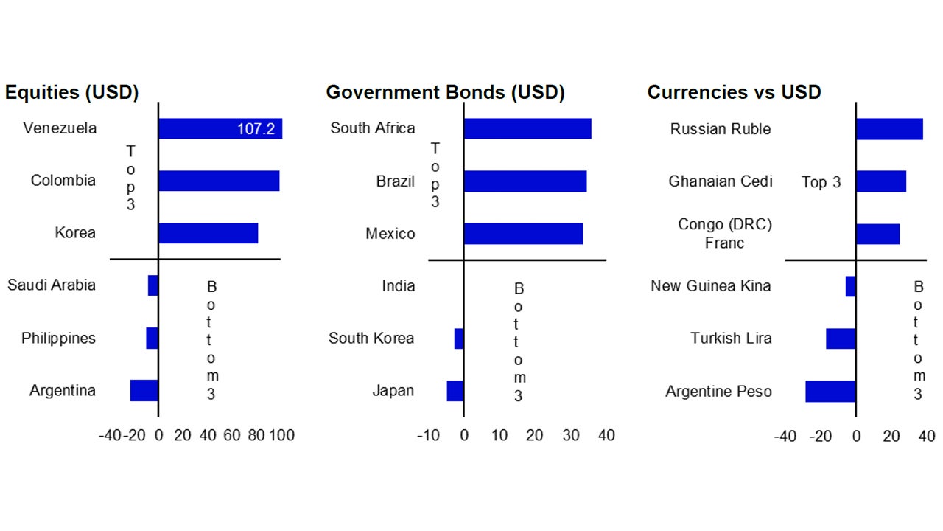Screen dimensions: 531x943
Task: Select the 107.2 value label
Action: (256, 129)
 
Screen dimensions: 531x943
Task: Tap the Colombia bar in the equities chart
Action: (219, 181)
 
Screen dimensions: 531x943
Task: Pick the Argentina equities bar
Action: (144, 391)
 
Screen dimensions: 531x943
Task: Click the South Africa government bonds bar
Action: (527, 128)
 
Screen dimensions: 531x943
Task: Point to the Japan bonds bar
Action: (455, 391)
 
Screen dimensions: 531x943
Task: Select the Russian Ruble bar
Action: (889, 129)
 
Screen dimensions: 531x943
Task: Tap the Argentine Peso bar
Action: (830, 391)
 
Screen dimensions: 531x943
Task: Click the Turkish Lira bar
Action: (841, 339)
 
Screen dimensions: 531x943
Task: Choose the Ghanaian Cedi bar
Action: (881, 181)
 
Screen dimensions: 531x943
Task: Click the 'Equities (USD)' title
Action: (71, 92)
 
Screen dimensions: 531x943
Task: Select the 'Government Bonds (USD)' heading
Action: (445, 92)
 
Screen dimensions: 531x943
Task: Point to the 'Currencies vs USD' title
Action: (734, 92)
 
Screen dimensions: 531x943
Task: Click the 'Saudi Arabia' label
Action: (52, 285)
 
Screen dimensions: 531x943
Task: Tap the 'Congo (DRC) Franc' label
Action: (725, 234)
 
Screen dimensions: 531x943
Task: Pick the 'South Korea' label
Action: (371, 339)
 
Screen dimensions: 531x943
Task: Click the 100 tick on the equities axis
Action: (282, 435)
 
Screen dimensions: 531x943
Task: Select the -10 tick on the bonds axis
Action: (428, 435)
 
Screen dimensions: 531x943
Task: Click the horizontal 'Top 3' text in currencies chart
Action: (821, 182)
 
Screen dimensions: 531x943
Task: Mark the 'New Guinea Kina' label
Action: (711, 285)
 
